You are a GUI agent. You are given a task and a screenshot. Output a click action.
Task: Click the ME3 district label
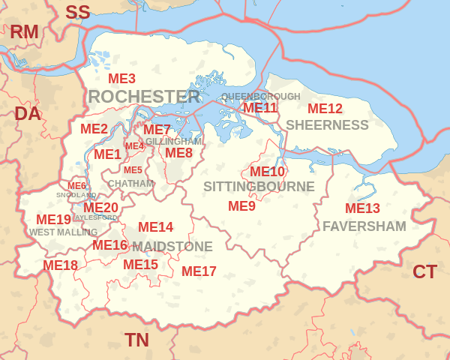pos(121,79)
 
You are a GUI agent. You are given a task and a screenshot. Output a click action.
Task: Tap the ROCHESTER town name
pos(144,97)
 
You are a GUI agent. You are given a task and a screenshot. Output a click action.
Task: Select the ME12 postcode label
pos(325,109)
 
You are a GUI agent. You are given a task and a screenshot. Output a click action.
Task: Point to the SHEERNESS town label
pos(327,124)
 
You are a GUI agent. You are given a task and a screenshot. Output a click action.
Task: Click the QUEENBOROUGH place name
pos(260,97)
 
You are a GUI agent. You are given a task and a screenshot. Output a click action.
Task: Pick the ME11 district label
pos(259,107)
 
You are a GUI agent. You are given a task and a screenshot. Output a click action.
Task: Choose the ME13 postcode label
pos(362,208)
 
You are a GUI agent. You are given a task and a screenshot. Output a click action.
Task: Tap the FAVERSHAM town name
pos(364,226)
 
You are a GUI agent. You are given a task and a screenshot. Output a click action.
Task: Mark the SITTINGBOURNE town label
pos(259,187)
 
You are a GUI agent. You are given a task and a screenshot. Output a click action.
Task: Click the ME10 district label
pos(267,171)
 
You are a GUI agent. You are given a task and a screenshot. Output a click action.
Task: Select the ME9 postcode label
pos(241,205)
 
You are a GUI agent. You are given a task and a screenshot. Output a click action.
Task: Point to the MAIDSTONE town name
pos(172,247)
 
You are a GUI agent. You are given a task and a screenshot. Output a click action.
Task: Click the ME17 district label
pos(199,271)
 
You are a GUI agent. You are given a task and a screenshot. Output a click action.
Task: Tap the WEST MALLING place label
pos(64,232)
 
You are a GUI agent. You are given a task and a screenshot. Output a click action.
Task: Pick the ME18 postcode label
pos(60,265)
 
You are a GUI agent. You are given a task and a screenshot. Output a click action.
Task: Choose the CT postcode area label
pos(424,271)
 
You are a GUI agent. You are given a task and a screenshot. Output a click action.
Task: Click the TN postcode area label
pos(136,340)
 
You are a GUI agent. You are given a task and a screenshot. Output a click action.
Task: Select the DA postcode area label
pos(28,114)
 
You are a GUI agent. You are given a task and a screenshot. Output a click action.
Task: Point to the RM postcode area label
pos(24,31)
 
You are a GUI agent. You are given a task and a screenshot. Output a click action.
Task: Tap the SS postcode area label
pos(77,12)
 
